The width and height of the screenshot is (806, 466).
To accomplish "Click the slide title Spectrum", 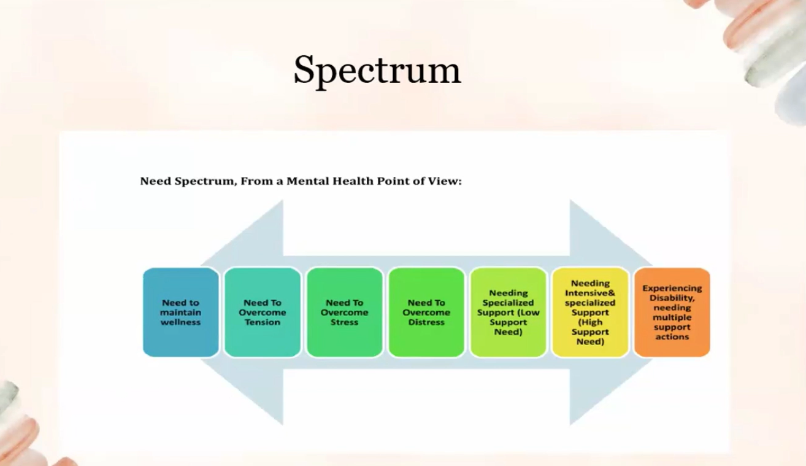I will pyautogui.click(x=377, y=70).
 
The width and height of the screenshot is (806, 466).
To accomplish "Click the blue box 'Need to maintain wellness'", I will pyautogui.click(x=181, y=312).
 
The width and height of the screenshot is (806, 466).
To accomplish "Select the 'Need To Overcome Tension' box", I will pyautogui.click(x=263, y=312).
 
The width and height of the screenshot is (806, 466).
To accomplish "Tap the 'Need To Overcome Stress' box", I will pyautogui.click(x=344, y=312).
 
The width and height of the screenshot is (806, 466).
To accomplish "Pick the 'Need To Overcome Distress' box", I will pyautogui.click(x=426, y=312).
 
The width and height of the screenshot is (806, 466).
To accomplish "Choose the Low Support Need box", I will pyautogui.click(x=509, y=312).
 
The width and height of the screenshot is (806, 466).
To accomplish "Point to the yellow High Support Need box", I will pyautogui.click(x=590, y=312).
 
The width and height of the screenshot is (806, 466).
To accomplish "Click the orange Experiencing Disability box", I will pyautogui.click(x=672, y=312).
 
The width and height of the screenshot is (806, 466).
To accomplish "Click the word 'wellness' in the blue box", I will pyautogui.click(x=181, y=322).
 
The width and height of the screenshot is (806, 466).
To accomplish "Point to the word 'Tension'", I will pyautogui.click(x=263, y=322).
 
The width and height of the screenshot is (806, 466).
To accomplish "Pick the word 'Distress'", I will pyautogui.click(x=426, y=322).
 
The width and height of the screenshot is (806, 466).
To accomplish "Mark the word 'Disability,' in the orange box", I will pyautogui.click(x=672, y=298).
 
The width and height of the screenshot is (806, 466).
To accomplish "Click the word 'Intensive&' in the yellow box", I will pyautogui.click(x=590, y=293).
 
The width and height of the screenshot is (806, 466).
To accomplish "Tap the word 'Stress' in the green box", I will pyautogui.click(x=344, y=322).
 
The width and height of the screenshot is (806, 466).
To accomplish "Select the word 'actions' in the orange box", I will pyautogui.click(x=672, y=336).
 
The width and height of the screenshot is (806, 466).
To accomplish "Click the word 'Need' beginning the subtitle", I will pyautogui.click(x=153, y=181).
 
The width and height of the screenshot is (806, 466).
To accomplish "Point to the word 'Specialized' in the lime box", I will pyautogui.click(x=509, y=302).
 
